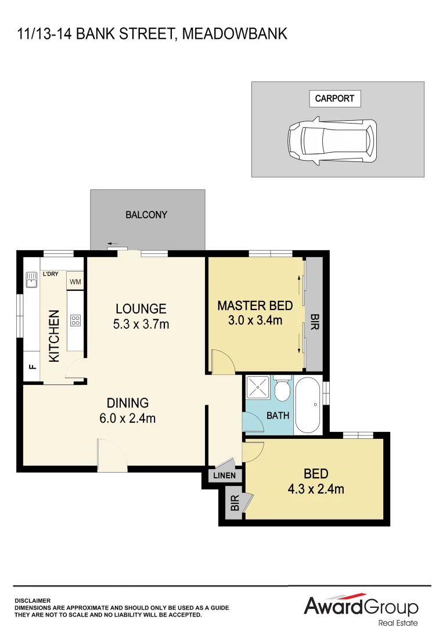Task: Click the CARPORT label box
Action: (334, 98)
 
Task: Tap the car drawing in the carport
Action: (332, 142)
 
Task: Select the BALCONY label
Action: (146, 215)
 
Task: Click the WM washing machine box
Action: (75, 282)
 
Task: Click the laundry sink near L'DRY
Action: (31, 283)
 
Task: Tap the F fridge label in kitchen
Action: (32, 367)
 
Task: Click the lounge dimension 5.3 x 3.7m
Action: (141, 325)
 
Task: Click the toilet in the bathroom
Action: (282, 391)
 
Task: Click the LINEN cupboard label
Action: (225, 475)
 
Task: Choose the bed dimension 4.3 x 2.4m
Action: (316, 489)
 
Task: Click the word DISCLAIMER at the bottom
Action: (33, 601)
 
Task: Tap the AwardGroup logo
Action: (361, 608)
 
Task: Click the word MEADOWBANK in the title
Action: (235, 34)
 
